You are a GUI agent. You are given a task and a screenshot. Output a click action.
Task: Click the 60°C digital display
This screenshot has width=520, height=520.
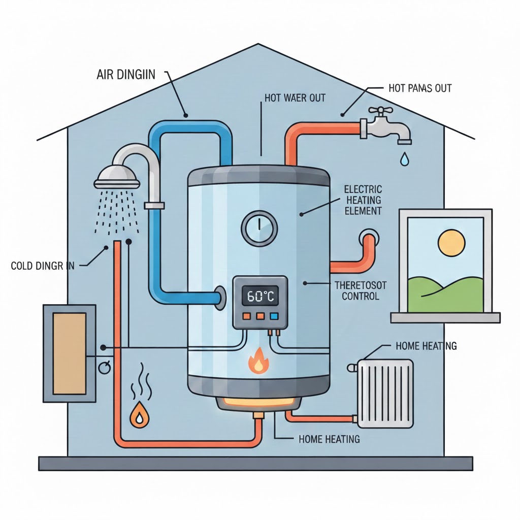[x=260, y=296]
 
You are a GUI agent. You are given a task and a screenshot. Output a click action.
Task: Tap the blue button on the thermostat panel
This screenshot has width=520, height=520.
[x=274, y=316]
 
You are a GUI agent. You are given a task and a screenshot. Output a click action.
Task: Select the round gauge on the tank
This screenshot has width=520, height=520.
[x=258, y=226]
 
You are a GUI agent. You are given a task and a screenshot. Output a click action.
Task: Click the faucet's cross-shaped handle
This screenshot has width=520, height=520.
[x=378, y=111]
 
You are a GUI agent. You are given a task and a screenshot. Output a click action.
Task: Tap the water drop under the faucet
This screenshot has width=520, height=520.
[x=404, y=159]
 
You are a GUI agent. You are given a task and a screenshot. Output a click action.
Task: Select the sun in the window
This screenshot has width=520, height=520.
[x=451, y=243]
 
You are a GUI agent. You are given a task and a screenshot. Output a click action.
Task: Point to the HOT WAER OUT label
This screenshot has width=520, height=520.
[x=295, y=97]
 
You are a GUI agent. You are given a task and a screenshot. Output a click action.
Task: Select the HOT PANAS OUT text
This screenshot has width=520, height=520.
[x=419, y=89]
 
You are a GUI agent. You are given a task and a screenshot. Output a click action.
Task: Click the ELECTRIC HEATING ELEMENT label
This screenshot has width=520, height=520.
[x=363, y=200]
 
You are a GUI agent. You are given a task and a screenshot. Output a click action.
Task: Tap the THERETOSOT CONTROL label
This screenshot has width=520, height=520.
[x=360, y=290]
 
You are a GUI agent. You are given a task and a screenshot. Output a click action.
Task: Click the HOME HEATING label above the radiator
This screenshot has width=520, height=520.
[x=426, y=346]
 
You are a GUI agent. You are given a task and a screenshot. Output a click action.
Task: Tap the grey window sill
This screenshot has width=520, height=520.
[x=445, y=318]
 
